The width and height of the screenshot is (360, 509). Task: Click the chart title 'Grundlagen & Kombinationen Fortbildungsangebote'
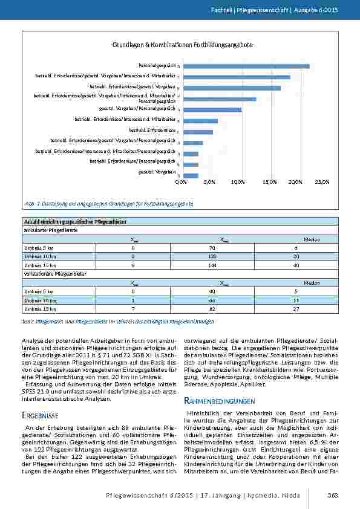click(182, 45)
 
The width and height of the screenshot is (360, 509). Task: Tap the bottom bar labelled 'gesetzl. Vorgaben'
click(191, 175)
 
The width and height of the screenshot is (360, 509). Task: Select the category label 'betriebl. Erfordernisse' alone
click(152, 130)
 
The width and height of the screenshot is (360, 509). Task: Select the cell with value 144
click(224, 265)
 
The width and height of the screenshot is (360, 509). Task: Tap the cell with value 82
click(224, 309)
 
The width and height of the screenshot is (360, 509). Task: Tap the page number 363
click(333, 496)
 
